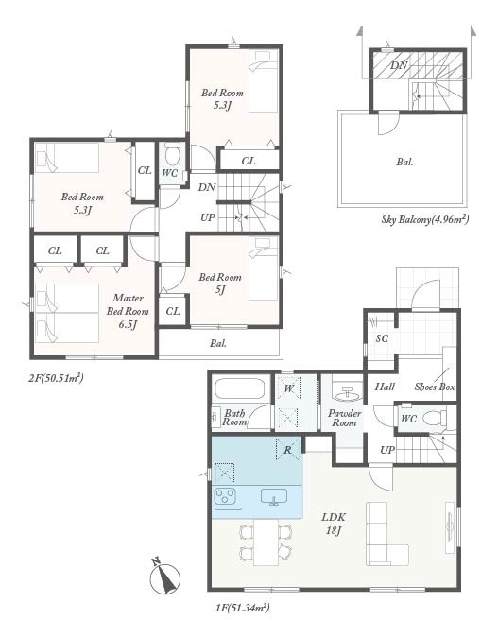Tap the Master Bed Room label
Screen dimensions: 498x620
pos(128,311)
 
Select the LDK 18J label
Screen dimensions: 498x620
pos(334,524)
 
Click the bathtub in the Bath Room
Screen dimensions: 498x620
pos(240,389)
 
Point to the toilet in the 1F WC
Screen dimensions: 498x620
pos(435,418)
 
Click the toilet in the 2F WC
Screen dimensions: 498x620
pos(172,153)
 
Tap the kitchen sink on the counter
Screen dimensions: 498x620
pos(274,497)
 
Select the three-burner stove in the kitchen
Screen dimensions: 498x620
pos(225,496)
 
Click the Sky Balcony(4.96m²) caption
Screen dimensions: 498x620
pos(425,219)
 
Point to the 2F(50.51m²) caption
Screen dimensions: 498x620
pos(56,378)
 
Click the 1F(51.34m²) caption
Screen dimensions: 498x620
pos(243,608)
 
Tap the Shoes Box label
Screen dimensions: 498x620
pos(435,387)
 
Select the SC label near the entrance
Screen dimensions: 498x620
pos(382,338)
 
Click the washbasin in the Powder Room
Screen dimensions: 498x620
pos(348,392)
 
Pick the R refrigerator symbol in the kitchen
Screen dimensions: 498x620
pos(288,450)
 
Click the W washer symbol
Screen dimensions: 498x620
pos(289,388)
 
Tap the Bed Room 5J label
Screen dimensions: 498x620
pos(220,284)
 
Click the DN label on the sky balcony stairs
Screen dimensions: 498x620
pos(399,65)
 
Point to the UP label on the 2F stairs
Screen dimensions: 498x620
pos(208,217)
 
